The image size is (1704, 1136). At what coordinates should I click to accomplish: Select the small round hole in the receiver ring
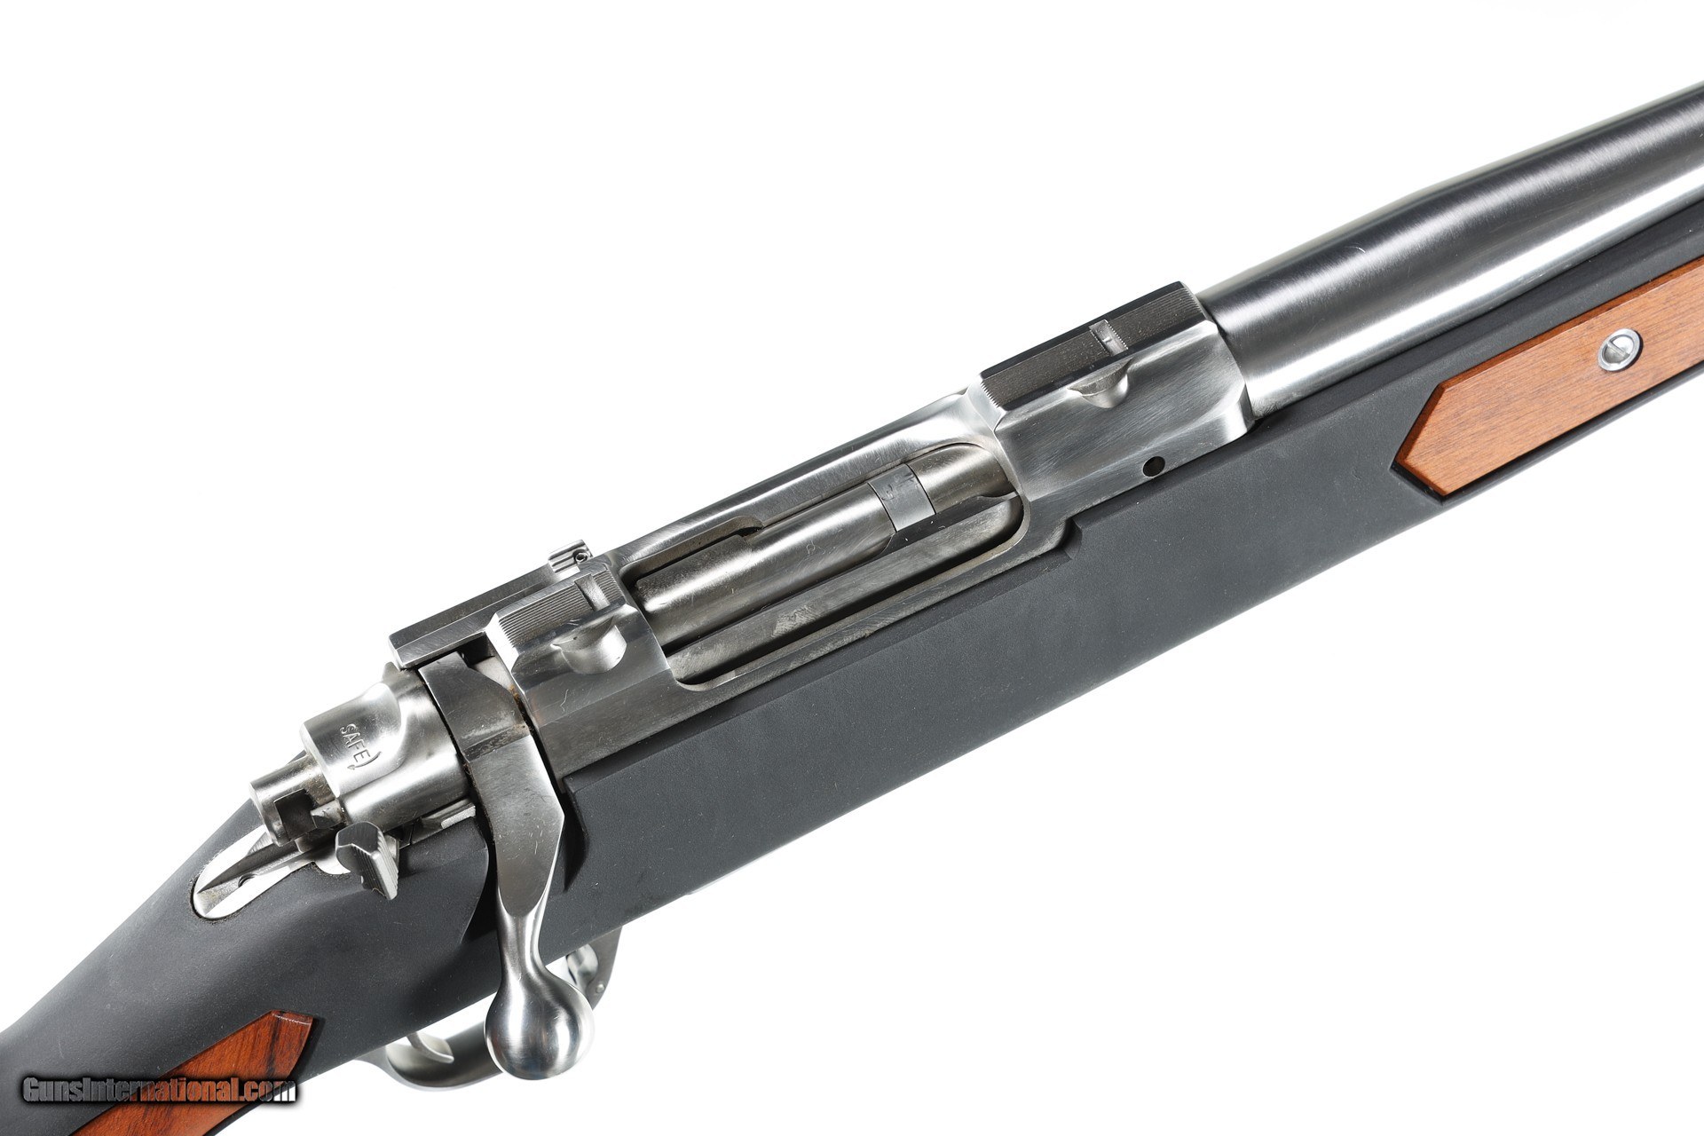1152,464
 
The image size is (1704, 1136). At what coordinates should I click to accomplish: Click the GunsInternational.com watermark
160,1089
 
